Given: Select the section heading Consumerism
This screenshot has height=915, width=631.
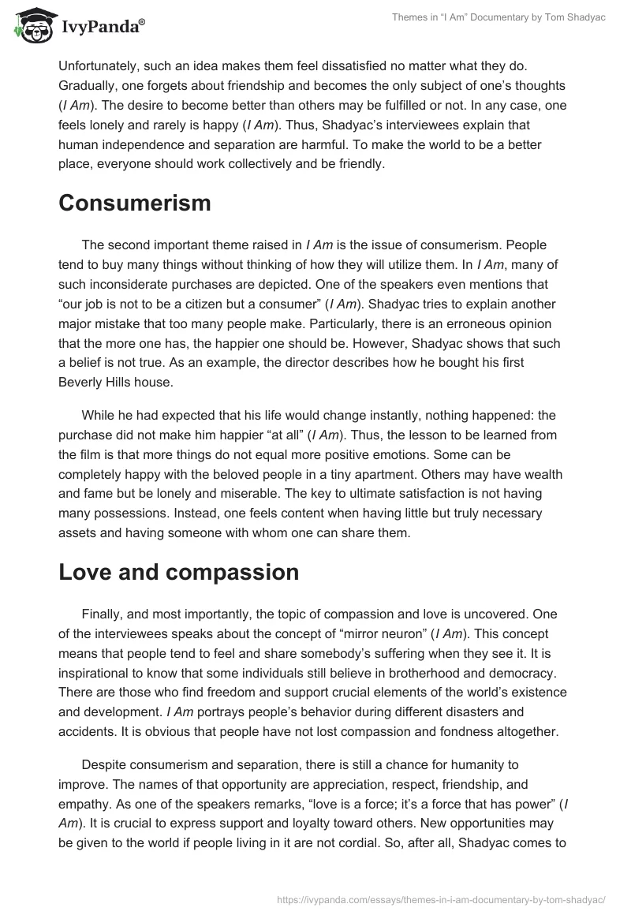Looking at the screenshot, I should tap(135, 203).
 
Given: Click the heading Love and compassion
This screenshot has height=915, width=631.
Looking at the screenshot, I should tap(179, 572).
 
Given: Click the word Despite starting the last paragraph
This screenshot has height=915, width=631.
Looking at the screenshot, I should tap(104, 765).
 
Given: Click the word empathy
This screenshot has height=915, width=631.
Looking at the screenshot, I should tap(88, 805).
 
